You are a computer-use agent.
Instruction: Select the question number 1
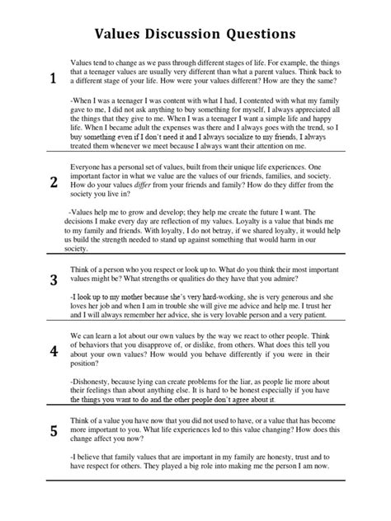coord(53,79)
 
